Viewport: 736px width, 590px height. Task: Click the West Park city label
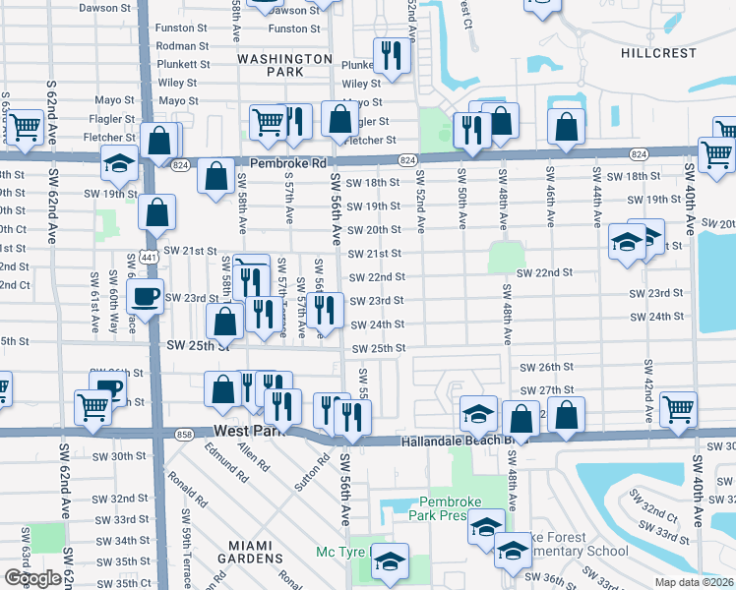(x=247, y=431)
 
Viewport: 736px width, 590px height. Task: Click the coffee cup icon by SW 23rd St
(x=147, y=295)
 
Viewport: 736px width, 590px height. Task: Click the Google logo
(x=32, y=578)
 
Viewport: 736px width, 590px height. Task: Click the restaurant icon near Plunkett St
(x=392, y=56)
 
